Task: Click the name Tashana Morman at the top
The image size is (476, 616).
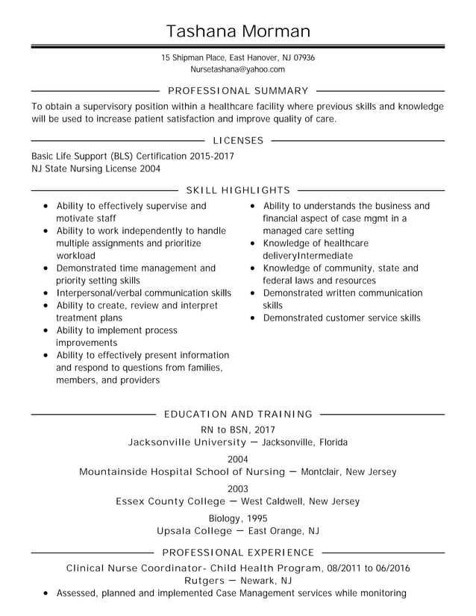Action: click(238, 31)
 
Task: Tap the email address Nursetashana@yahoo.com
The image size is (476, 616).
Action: click(238, 69)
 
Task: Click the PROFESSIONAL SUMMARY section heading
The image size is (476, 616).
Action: click(238, 90)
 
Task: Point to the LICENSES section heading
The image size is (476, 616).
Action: click(238, 140)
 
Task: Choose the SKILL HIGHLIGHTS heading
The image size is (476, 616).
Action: click(238, 190)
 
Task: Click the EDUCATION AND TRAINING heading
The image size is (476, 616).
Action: click(238, 414)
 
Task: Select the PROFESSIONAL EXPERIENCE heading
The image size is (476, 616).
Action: click(238, 553)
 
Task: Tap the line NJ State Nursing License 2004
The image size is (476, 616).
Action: click(95, 169)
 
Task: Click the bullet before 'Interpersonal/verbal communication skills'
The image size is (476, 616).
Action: click(46, 294)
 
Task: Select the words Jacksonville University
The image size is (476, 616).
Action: click(177, 442)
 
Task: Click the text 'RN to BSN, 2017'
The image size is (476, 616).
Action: click(238, 430)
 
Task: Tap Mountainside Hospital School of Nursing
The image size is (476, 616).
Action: click(182, 472)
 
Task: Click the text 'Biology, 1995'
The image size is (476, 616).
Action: click(238, 518)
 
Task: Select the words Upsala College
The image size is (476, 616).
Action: click(193, 531)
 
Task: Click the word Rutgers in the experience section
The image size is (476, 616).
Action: click(204, 580)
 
